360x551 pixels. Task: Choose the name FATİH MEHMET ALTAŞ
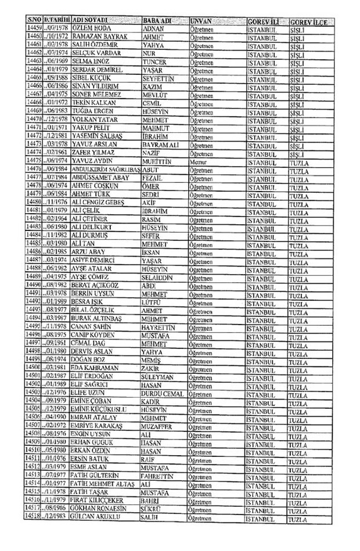(x=105, y=483)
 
